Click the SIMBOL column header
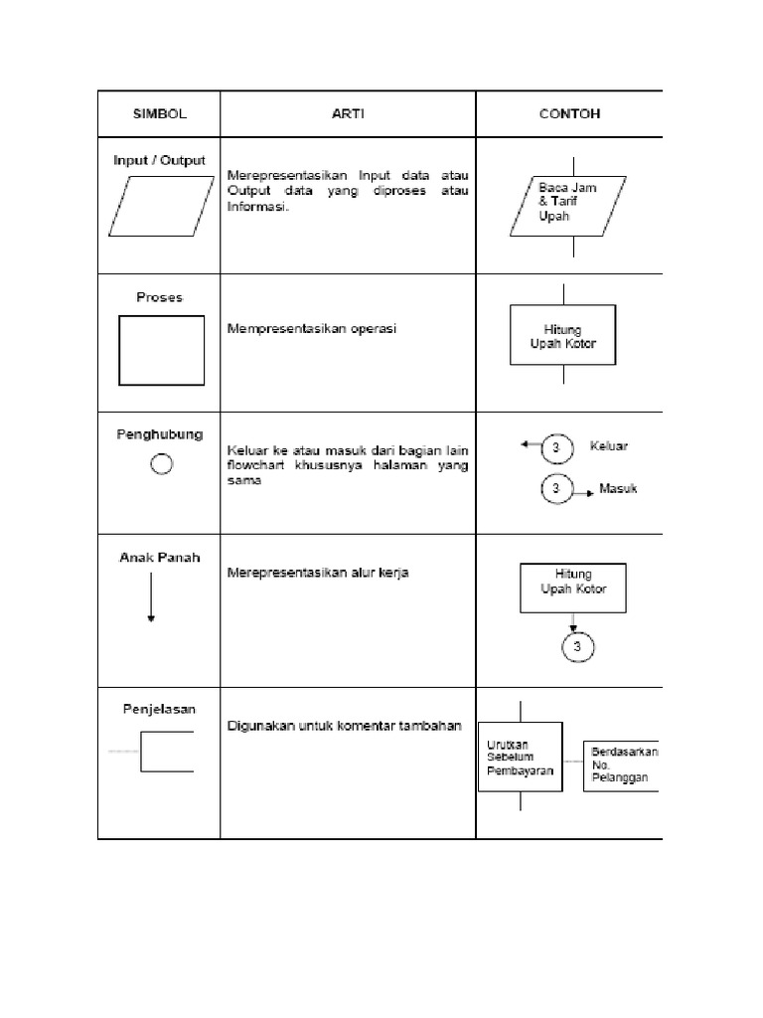coord(160,113)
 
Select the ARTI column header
coord(347,113)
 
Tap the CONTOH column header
coord(568,113)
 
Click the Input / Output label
coord(159,160)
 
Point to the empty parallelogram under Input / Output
coord(160,207)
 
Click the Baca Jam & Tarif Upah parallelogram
coord(568,206)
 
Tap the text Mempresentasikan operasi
coord(311,328)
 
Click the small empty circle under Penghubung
coord(161,464)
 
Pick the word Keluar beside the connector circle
coord(608,446)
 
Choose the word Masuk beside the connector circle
coord(618,488)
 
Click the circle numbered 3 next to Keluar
coord(555,449)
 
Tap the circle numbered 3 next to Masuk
coord(556,489)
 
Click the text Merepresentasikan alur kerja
coord(318,574)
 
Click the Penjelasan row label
coord(159,709)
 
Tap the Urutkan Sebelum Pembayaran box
coord(520,757)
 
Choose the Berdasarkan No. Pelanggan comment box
coord(621,764)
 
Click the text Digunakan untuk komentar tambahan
coord(344,726)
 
